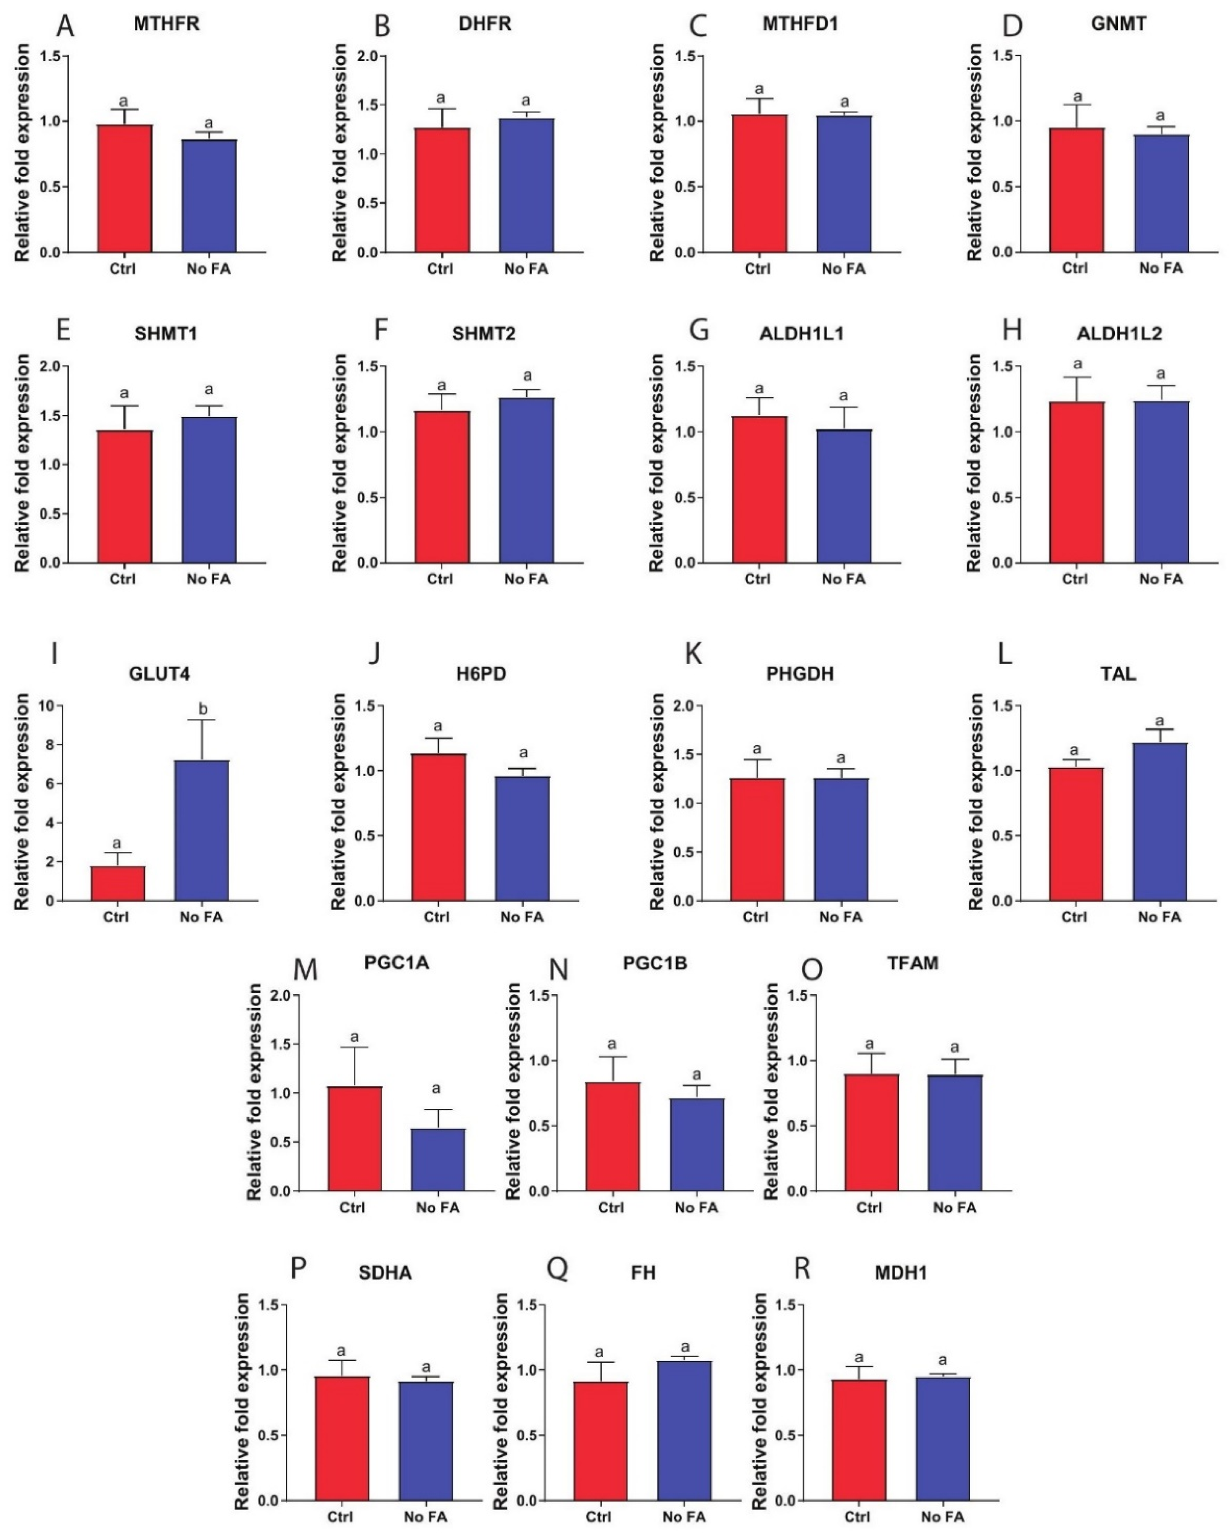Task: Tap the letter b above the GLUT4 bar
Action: coord(203,709)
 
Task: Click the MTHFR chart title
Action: coord(167,24)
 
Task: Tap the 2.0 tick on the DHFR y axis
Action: coord(364,56)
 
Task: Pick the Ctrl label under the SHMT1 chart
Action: coord(123,579)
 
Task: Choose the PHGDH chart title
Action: coord(800,673)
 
